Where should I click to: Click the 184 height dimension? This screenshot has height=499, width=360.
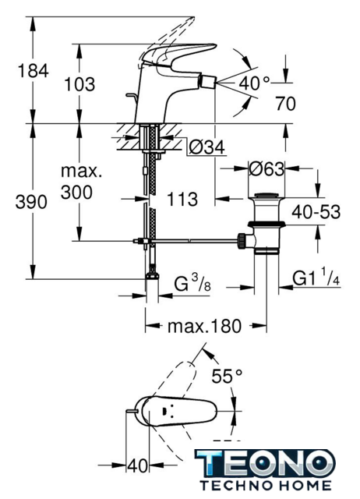click(33, 71)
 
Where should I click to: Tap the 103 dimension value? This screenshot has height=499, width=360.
click(79, 84)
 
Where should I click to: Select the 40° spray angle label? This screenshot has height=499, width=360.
click(254, 83)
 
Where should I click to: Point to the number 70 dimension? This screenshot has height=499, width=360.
click(285, 104)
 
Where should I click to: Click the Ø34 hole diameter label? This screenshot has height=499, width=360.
click(206, 147)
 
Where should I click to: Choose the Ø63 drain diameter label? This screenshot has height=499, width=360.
click(266, 168)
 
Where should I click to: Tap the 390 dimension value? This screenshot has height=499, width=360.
click(31, 202)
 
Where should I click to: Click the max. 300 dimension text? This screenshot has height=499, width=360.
click(81, 182)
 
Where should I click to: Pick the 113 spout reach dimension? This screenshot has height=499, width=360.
click(182, 200)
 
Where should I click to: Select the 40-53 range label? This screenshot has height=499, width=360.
click(316, 211)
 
